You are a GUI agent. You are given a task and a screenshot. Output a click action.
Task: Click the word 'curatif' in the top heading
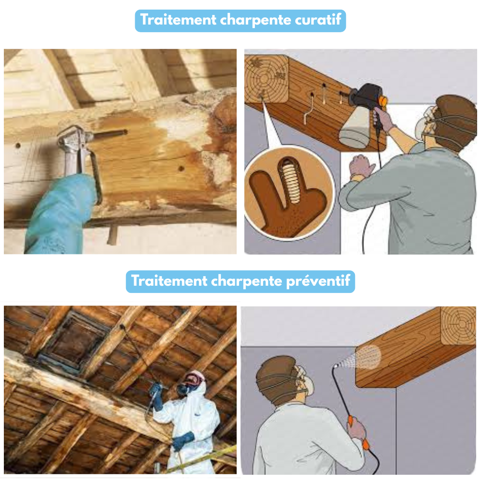point(318,20)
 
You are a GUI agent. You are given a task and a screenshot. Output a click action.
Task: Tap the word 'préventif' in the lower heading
point(318,281)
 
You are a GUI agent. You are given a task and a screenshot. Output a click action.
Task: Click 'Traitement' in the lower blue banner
point(169,280)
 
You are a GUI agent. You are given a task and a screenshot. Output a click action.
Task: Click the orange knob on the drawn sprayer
point(383,101)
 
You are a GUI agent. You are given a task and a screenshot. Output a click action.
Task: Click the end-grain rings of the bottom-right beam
point(458,325)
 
